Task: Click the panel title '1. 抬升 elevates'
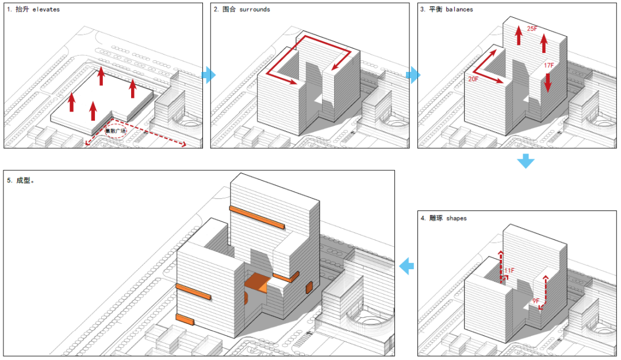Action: point(33,10)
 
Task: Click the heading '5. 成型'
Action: point(22,180)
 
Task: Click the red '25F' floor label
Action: point(532,28)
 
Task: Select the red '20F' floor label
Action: point(473,79)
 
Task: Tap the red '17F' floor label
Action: point(549,66)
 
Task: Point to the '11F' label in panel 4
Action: point(509,270)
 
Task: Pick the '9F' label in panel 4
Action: point(536,301)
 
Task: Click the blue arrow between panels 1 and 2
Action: point(209,75)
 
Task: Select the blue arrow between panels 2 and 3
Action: point(413,75)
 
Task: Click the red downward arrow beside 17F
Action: point(547,83)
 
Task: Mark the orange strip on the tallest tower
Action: point(256,216)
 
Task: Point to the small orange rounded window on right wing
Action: point(308,287)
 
